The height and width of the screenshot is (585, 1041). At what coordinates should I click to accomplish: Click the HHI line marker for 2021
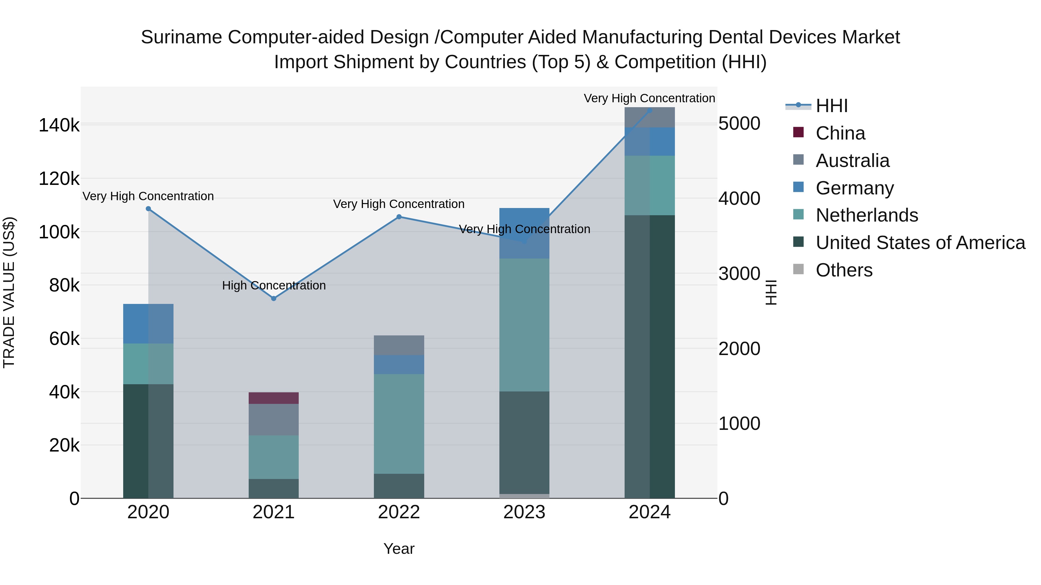point(274,298)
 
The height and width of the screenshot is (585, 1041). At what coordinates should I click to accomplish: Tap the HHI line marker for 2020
point(148,209)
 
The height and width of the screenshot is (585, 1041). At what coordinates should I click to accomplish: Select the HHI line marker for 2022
point(399,217)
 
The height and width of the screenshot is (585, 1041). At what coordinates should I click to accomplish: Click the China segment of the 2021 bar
point(274,398)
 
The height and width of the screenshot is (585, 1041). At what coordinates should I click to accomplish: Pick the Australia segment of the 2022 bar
point(399,345)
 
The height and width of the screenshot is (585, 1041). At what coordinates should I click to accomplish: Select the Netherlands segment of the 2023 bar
point(524,325)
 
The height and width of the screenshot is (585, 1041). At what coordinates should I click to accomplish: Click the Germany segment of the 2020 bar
point(148,324)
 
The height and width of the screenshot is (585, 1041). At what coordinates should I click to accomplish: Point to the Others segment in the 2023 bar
point(524,496)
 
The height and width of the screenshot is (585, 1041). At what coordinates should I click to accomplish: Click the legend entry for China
point(840,133)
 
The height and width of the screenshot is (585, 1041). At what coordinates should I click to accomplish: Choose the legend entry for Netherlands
point(866,215)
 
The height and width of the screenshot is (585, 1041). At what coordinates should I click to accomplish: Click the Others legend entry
point(844,270)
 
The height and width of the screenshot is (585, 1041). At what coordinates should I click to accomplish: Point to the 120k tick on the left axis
point(59,179)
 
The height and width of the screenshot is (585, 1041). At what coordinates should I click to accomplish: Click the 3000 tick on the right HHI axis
point(739,274)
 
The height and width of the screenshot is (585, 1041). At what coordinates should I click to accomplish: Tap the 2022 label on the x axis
point(399,512)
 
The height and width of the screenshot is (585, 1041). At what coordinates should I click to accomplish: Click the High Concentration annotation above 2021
point(274,285)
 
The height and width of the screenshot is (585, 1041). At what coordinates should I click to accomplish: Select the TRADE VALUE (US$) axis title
point(9,292)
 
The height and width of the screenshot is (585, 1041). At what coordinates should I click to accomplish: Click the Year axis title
point(399,549)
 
